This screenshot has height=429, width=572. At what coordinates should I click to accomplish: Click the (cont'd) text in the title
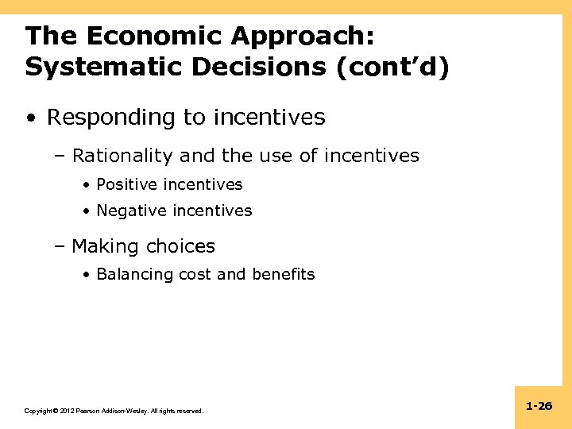tap(393, 67)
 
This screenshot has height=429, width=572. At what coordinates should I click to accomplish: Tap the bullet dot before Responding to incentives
tap(30, 118)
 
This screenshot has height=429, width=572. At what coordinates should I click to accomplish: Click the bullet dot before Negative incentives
tap(86, 211)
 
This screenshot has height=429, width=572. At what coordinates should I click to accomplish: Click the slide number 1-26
tap(539, 406)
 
